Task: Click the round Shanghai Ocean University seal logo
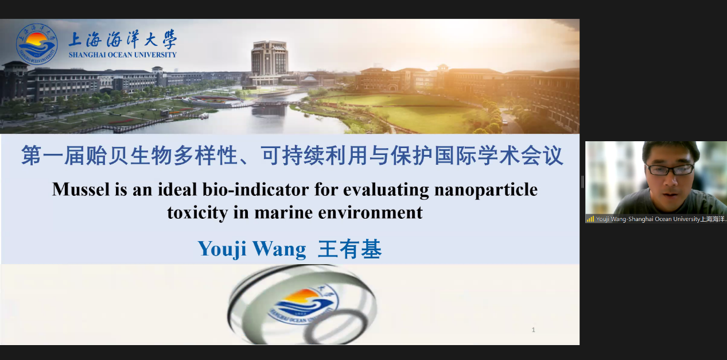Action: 37,44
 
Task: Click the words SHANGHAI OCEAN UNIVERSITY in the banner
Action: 122,55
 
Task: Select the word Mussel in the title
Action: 81,189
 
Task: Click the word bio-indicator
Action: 256,189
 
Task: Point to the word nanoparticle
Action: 486,190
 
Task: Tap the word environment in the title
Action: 370,213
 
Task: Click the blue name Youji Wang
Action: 252,249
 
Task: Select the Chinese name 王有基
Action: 349,249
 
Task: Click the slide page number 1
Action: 533,330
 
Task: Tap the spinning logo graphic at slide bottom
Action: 302,304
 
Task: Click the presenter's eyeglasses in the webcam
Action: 670,169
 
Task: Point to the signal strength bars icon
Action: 590,219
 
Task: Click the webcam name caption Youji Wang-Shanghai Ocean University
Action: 648,219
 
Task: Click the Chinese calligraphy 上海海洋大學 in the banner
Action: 123,40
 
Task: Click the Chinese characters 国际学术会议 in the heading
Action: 499,156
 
